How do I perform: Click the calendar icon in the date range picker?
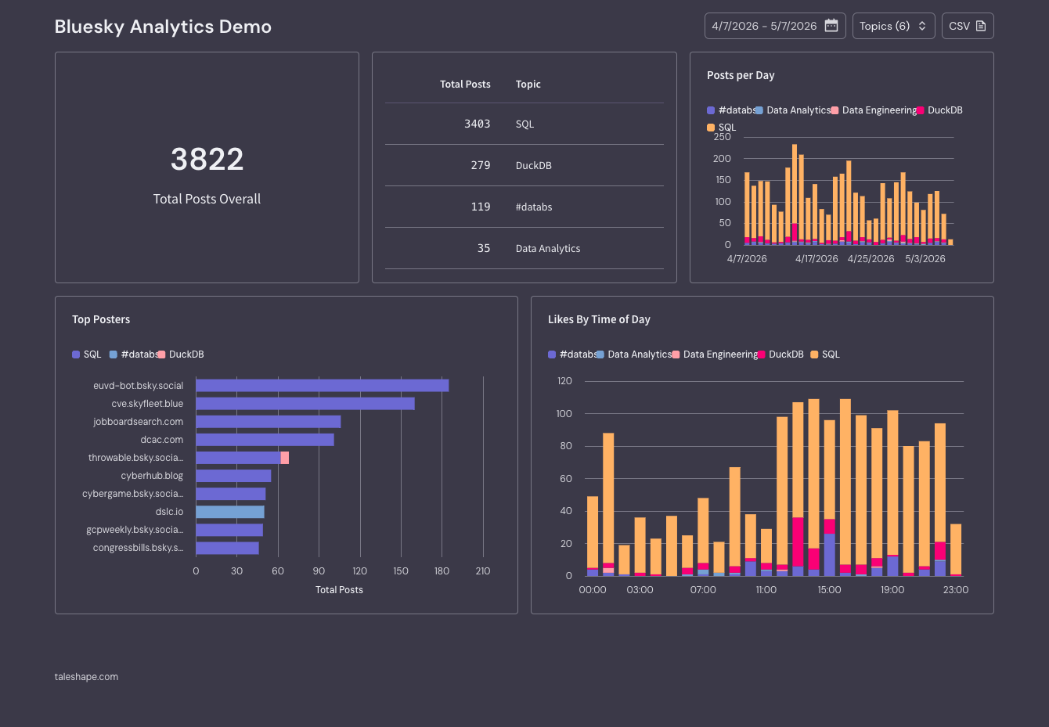coord(831,26)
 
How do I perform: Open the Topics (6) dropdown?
coord(893,26)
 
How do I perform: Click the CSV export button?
coord(968,26)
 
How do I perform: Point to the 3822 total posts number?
coord(207,159)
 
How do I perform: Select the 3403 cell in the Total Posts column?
coord(477,124)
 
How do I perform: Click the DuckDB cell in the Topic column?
coord(533,165)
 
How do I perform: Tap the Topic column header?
coord(528,85)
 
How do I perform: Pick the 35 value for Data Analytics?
coord(483,248)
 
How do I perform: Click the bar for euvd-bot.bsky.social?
coord(323,385)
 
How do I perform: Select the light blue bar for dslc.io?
coord(230,512)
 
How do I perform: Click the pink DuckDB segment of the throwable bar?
coord(285,457)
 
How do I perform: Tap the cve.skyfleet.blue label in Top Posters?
coord(147,404)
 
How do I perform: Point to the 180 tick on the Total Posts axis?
coord(442,571)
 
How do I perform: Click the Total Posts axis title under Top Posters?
coord(339,590)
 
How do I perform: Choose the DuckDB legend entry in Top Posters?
coord(181,355)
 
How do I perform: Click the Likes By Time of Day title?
coord(599,319)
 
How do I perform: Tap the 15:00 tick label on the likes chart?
coord(829,590)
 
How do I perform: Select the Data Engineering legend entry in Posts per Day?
coord(874,110)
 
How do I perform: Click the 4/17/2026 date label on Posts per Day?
coord(816,259)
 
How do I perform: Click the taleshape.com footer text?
coord(86,676)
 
